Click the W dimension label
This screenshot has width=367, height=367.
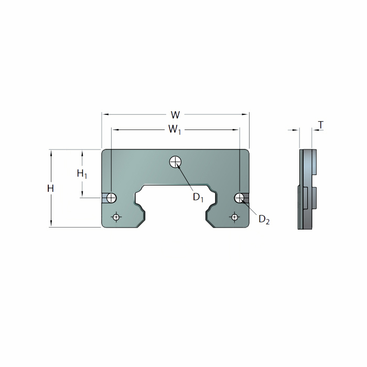tap(175, 115)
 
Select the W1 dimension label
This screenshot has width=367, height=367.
tap(175, 129)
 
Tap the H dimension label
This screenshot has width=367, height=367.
tap(50, 188)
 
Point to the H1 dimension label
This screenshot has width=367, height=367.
tap(82, 174)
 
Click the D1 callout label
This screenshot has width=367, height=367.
tap(198, 197)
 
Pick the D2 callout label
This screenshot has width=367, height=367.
tap(264, 220)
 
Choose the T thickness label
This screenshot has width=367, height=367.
tap(321, 125)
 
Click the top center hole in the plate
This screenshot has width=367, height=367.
tap(176, 161)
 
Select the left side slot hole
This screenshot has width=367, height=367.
tap(111, 198)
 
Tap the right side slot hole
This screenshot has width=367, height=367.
tap(239, 198)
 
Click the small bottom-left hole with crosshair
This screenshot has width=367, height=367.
tap(116, 217)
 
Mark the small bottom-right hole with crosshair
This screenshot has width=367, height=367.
tap(234, 217)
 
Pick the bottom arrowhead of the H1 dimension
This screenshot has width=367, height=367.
tap(82, 194)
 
